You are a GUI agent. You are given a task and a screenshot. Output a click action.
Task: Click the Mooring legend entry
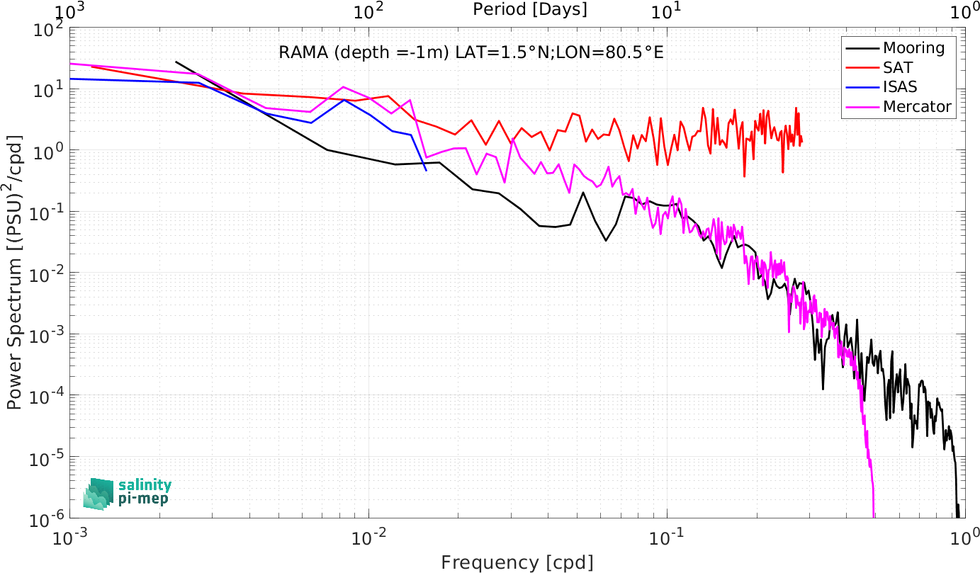coord(913,47)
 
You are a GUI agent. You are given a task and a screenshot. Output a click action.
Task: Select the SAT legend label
coord(898,67)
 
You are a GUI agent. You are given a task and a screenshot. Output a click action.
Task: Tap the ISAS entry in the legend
coord(900,86)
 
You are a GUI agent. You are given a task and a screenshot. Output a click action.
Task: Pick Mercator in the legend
coord(917,106)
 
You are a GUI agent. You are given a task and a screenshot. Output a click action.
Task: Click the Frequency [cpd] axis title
coord(517,562)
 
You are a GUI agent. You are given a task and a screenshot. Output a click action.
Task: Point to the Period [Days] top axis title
coord(530,9)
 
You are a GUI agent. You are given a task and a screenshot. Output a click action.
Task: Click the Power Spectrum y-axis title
coord(14,272)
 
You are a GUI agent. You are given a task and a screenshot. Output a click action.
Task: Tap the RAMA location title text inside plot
coord(471,52)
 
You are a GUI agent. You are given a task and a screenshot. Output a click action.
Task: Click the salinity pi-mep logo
coord(128,494)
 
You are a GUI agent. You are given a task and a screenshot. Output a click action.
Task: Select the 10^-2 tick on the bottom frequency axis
coord(368,537)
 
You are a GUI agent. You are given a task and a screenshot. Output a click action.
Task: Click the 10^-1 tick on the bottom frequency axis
coord(667,537)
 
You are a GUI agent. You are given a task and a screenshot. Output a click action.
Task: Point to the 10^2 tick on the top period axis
coord(368,11)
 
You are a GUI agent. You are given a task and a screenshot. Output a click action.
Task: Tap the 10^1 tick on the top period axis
coord(667,11)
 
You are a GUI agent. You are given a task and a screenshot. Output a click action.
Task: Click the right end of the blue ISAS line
coord(426,170)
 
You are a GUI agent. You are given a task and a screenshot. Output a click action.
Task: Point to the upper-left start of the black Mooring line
coord(176,62)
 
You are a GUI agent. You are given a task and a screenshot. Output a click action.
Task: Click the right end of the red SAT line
coord(801,142)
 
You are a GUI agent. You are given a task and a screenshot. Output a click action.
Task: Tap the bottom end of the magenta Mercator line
coord(874,518)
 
